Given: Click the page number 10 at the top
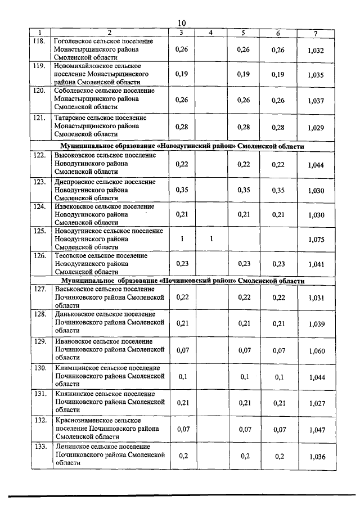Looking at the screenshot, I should tap(181, 22).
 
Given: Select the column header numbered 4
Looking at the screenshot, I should tap(210, 33).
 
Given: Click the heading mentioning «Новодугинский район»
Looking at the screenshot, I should tap(181, 146).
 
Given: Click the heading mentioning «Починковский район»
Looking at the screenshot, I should tap(181, 281).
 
